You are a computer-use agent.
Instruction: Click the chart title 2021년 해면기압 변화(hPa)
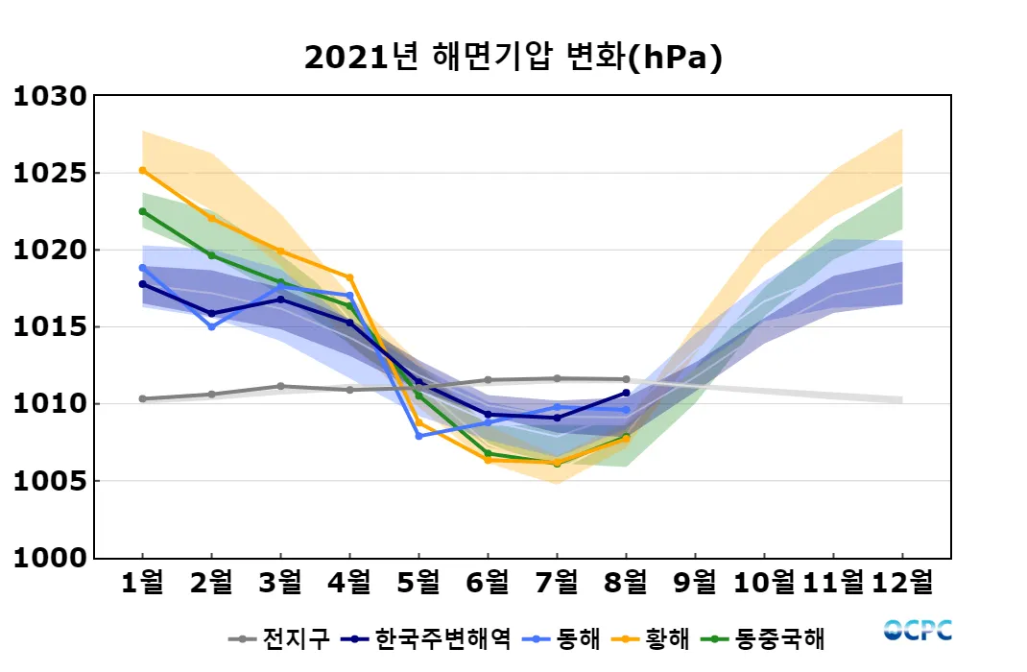tap(513, 58)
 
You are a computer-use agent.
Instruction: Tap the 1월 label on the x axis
tap(142, 581)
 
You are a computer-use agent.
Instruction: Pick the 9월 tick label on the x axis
tap(695, 581)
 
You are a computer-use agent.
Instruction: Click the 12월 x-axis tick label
tap(902, 581)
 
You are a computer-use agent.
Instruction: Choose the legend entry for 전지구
tap(279, 637)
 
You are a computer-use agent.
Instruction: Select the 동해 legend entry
tap(561, 637)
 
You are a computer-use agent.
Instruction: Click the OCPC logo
tap(919, 630)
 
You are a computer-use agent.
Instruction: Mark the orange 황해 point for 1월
tap(142, 170)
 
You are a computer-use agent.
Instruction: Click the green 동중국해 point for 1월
tap(142, 211)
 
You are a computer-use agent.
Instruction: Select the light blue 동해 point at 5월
tap(418, 436)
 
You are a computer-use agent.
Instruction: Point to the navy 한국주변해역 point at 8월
tap(626, 392)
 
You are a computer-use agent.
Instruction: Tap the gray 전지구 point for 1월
tap(142, 398)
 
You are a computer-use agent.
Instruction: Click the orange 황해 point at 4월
tap(349, 277)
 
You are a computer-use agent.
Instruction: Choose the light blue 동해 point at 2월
tap(211, 326)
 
